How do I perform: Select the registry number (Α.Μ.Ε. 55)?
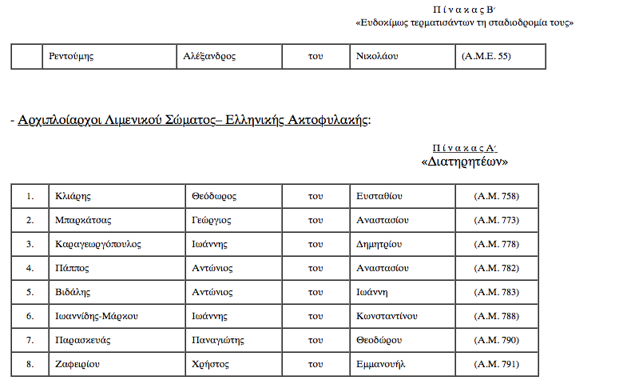coord(486,57)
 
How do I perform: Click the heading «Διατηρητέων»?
coord(464,161)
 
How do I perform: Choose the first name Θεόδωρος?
coord(214,196)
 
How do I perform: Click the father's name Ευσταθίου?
coord(379,196)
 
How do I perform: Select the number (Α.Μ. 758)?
coord(496,196)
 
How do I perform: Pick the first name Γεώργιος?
coord(212,220)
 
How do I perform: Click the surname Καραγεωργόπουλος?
coord(97,244)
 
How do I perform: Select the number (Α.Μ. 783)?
coord(496,292)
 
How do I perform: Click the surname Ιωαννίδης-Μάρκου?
coord(97,316)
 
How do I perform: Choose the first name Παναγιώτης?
coord(217,340)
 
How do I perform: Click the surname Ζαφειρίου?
coord(76,364)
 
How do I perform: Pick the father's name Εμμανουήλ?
coord(382,364)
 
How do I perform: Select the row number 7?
coord(30,340)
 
